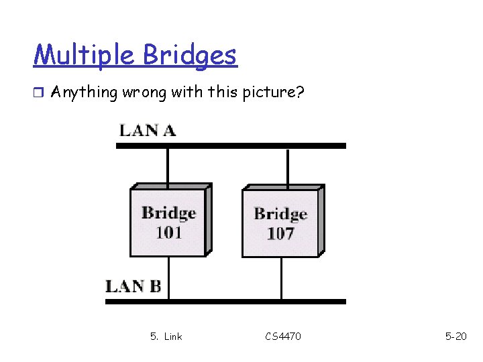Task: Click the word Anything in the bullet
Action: [x=84, y=92]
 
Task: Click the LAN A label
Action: [x=148, y=130]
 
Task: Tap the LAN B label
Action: [x=133, y=287]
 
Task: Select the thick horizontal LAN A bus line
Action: [x=231, y=145]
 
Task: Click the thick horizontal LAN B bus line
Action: [x=225, y=302]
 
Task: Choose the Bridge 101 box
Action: [x=168, y=222]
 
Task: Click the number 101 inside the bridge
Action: [x=168, y=233]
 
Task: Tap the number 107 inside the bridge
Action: [x=280, y=234]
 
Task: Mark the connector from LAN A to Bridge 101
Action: [x=168, y=166]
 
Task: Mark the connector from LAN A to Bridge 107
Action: [x=288, y=166]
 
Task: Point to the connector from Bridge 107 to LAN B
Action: [x=281, y=278]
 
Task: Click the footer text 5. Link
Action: [x=166, y=336]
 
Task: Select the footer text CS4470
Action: [x=283, y=336]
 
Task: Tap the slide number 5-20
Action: [x=456, y=336]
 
